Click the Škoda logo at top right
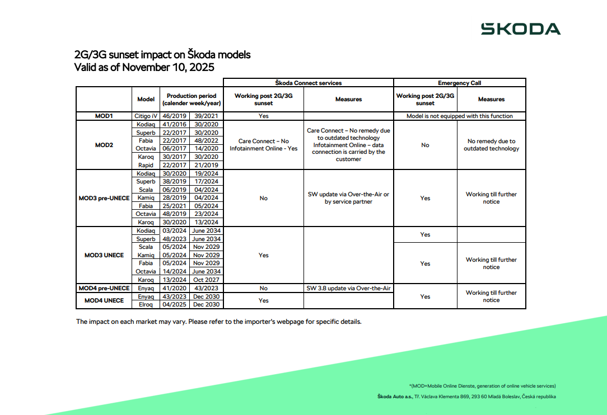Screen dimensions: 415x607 (x=520, y=29)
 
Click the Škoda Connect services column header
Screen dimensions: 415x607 (x=308, y=83)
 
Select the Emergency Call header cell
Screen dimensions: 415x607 (x=459, y=83)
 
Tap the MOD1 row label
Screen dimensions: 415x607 (x=104, y=116)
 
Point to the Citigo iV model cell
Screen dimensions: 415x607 (x=146, y=116)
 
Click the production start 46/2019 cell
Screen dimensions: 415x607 (x=174, y=116)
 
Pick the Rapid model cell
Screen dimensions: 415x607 (x=146, y=165)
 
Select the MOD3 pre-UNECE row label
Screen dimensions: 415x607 (x=104, y=198)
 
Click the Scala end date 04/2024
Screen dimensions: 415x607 (x=206, y=190)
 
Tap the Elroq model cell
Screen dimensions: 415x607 (x=146, y=304)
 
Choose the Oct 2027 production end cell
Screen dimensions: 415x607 (x=206, y=280)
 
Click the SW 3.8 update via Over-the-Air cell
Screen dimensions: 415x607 (x=348, y=288)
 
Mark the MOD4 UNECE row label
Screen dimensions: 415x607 (x=104, y=300)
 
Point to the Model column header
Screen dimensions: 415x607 (x=146, y=99)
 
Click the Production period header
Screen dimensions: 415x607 (x=190, y=99)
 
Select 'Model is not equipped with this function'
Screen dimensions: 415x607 (x=459, y=116)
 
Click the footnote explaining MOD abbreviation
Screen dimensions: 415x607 (x=482, y=385)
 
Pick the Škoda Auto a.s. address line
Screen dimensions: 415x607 (x=467, y=397)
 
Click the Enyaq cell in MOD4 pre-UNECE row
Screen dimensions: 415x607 (x=146, y=288)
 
